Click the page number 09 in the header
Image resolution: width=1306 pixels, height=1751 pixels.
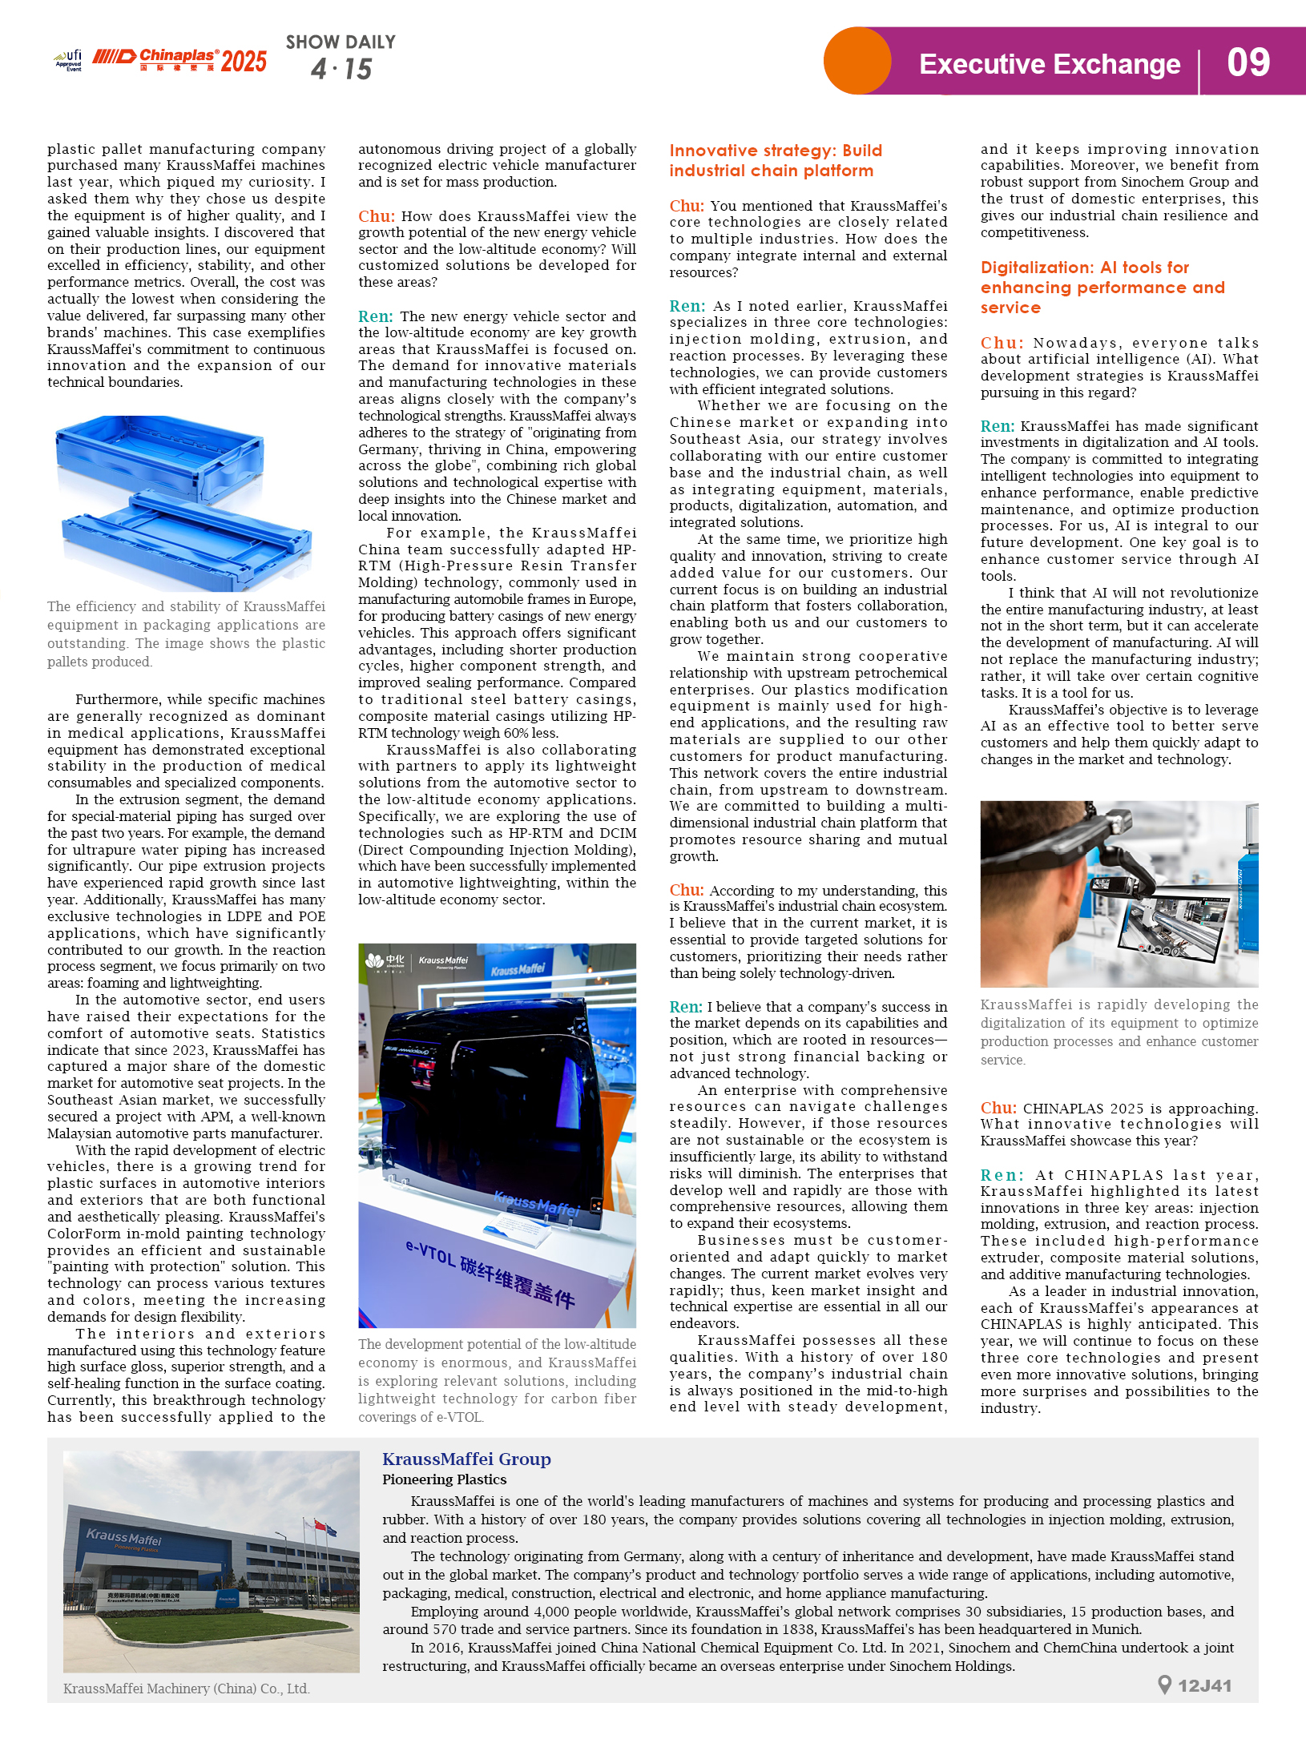[x=1248, y=62]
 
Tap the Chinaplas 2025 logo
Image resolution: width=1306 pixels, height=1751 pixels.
[x=179, y=59]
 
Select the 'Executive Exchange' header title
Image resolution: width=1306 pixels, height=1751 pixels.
[x=1049, y=64]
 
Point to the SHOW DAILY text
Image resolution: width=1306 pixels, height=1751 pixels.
[x=341, y=42]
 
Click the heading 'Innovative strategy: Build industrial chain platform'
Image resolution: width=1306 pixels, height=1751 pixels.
[x=775, y=160]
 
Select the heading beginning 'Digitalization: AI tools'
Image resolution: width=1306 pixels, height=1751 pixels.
[x=1102, y=287]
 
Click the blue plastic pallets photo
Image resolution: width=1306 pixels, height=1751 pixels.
[x=185, y=501]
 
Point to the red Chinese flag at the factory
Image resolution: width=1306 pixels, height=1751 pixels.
[x=321, y=1525]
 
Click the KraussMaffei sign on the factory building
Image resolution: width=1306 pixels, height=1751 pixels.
[x=123, y=1537]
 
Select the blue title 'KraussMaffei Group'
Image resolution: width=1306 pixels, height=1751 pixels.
[x=466, y=1459]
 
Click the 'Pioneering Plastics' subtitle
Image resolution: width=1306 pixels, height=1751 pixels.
[x=444, y=1479]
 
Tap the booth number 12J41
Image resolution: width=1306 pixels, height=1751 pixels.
[x=1204, y=1685]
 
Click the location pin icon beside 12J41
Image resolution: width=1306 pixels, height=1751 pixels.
[x=1165, y=1685]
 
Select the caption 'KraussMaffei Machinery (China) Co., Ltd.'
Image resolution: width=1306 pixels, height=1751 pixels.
[x=186, y=1689]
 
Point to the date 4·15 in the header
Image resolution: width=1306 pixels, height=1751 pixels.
[x=341, y=69]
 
